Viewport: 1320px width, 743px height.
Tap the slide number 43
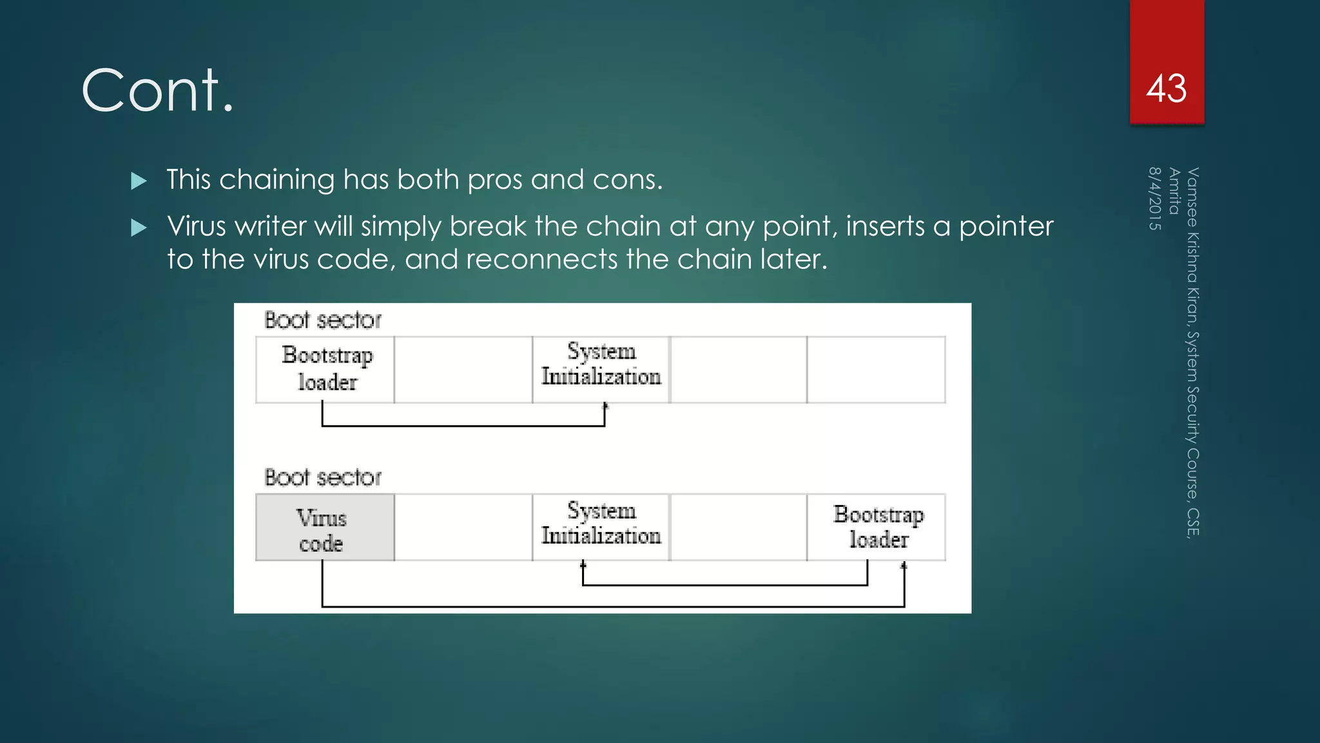tap(1166, 88)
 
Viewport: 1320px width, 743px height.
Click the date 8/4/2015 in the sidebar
tap(1154, 199)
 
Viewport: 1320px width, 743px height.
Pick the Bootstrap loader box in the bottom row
tap(877, 528)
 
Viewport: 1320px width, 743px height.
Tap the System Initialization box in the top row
tap(601, 370)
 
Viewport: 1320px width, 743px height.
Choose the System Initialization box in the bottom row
tap(601, 528)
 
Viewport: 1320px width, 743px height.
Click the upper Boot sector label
tap(323, 320)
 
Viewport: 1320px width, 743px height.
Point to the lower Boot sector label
tap(323, 477)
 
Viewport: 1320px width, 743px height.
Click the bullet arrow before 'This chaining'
tap(139, 181)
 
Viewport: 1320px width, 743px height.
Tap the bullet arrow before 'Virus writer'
tap(139, 228)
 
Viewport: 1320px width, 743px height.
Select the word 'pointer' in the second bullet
tap(1005, 227)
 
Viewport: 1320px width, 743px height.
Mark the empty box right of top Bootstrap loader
tap(463, 370)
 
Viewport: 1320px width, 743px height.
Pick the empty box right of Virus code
tap(463, 528)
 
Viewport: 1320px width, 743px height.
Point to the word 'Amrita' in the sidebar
tap(1174, 191)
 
